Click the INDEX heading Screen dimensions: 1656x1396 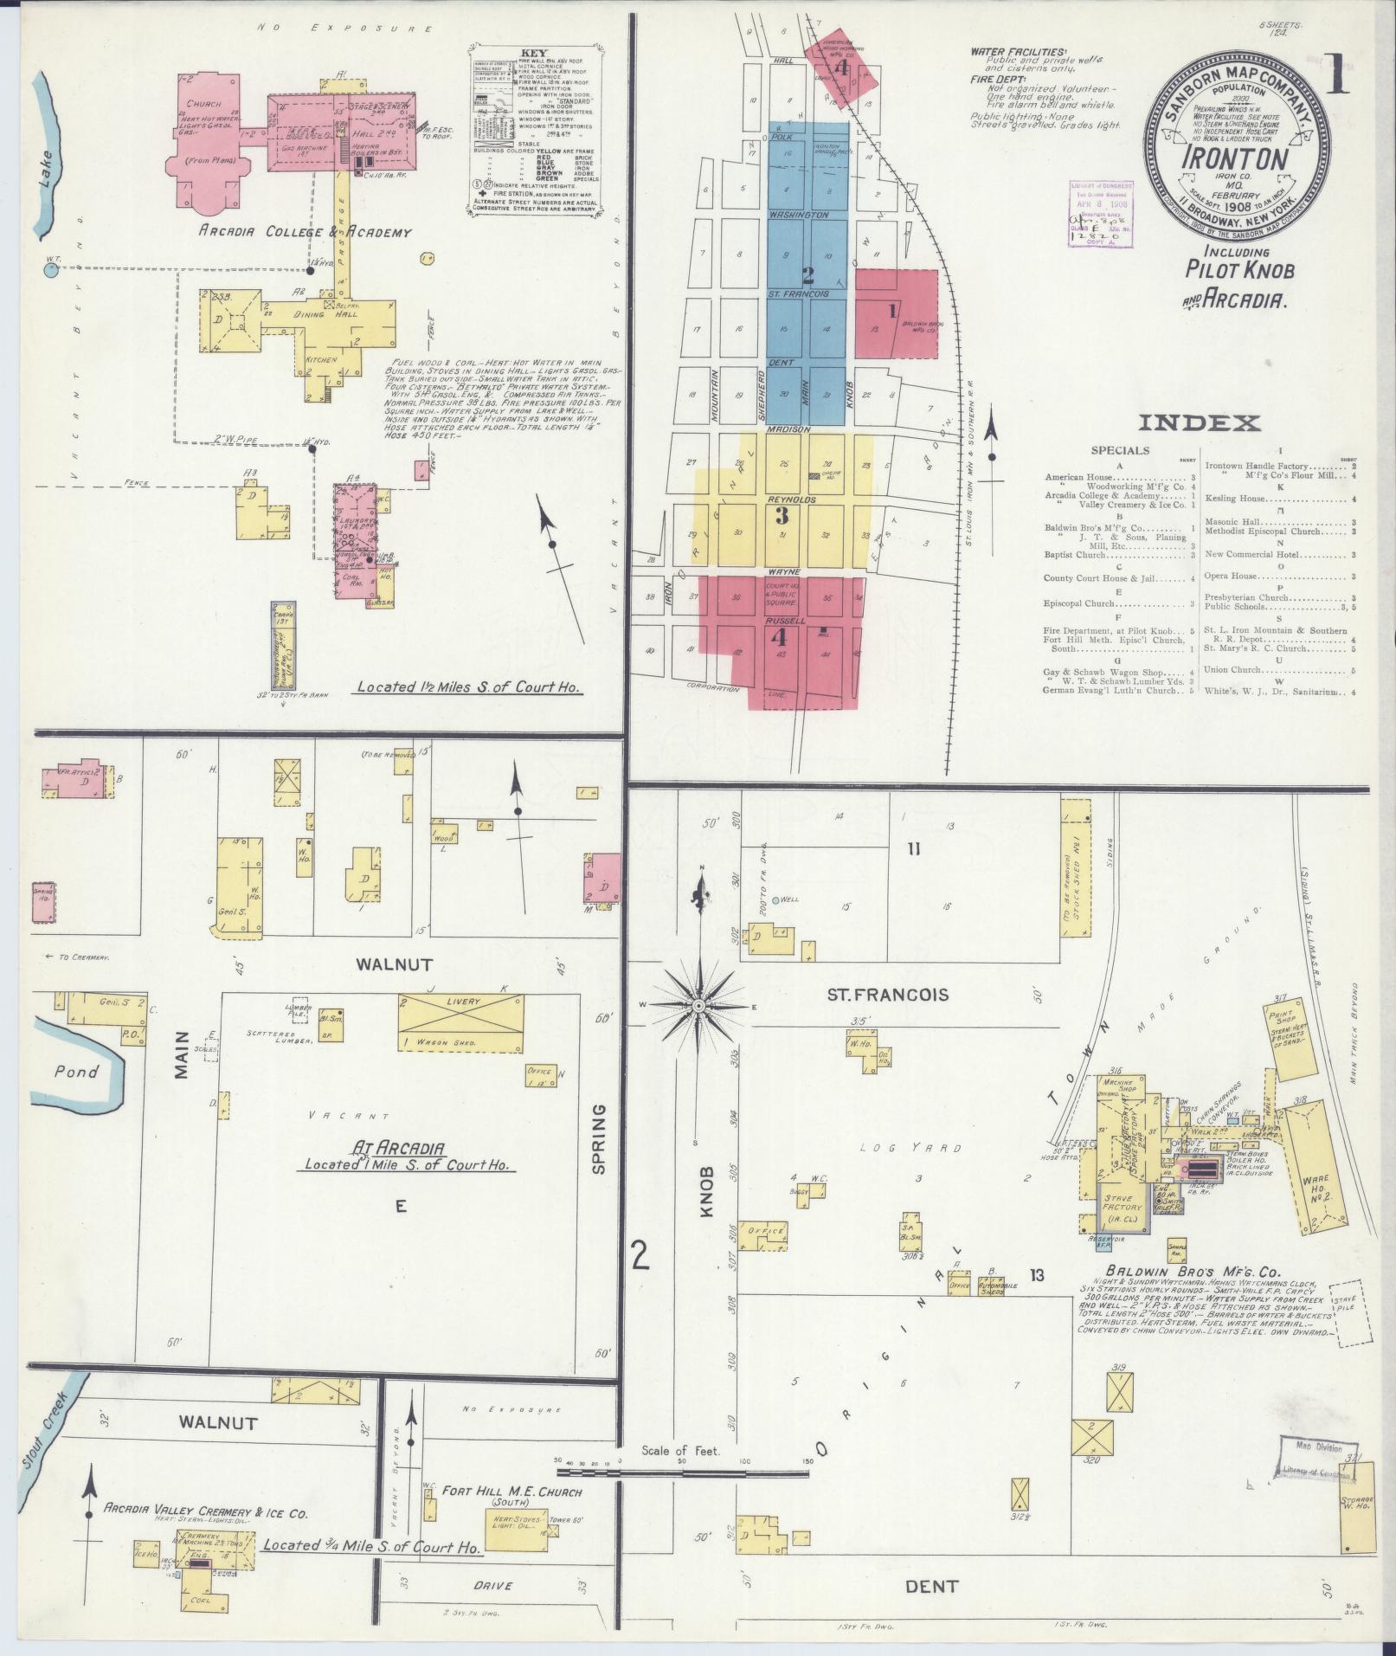(x=1199, y=423)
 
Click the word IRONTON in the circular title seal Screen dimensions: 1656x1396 (x=1233, y=158)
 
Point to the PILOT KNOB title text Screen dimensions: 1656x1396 (x=1239, y=270)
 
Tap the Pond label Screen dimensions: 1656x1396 (x=75, y=1072)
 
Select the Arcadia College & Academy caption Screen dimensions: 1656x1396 (x=305, y=232)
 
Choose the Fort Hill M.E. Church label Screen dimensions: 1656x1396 (x=511, y=1492)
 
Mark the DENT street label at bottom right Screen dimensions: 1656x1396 (x=931, y=1587)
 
